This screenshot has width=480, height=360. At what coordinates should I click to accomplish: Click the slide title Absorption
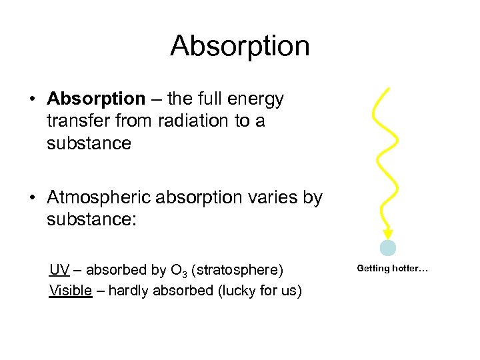[x=240, y=46]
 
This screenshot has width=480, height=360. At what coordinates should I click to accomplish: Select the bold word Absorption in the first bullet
[x=96, y=99]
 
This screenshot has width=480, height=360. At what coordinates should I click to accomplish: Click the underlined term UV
[x=59, y=270]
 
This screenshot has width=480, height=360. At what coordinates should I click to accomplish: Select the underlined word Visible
[x=70, y=291]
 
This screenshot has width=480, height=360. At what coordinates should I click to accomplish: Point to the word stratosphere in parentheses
[x=237, y=270]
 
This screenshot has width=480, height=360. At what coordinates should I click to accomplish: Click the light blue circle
[x=388, y=249]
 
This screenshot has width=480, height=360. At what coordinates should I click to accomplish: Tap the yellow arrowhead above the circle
[x=387, y=233]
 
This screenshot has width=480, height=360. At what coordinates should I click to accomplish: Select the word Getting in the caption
[x=373, y=269]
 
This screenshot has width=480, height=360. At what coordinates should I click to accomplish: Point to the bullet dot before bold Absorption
[x=32, y=100]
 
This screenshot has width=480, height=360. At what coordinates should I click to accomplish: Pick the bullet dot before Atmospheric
[x=32, y=199]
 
